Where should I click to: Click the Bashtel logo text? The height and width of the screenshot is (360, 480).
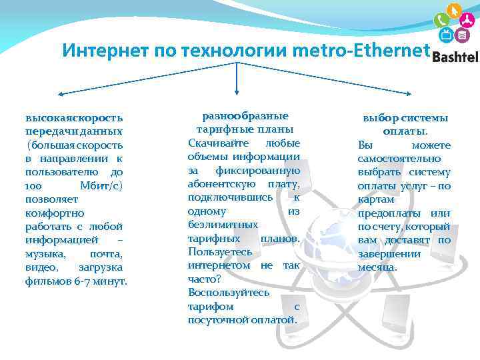tap(455, 57)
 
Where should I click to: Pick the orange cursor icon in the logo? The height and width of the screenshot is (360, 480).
tap(455, 11)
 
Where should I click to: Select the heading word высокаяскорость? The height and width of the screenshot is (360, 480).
tap(74, 117)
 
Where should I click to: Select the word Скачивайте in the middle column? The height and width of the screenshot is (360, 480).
tap(216, 143)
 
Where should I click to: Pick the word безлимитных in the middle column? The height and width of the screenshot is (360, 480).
tap(223, 225)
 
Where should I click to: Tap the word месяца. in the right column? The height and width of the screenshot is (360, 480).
tap(377, 267)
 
